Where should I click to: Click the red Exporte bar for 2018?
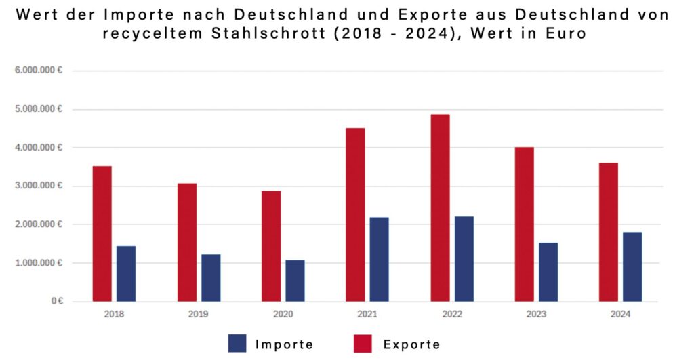(102, 234)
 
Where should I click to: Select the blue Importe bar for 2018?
(126, 274)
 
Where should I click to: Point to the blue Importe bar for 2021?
(379, 260)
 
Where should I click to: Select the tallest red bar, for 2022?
(440, 207)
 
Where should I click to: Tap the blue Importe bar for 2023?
(548, 272)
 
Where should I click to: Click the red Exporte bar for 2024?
(609, 232)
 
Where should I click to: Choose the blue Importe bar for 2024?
(632, 266)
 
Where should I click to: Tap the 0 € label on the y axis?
(56, 301)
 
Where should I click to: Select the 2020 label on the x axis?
(283, 314)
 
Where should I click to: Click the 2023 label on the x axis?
(536, 314)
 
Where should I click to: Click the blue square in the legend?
(237, 343)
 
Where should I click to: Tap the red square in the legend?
(363, 343)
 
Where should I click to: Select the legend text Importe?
(284, 344)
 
